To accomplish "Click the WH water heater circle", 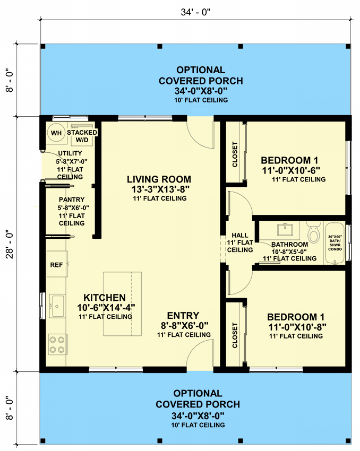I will point(56,133).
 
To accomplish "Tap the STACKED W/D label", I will point(82,136).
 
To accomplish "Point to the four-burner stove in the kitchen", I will point(56,343).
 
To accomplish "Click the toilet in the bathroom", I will point(313,232).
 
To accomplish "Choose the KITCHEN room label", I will point(105,298).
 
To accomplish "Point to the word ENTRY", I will point(183,315).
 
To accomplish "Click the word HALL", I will point(240,235).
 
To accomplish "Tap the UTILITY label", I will point(70,153).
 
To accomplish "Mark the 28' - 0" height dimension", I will point(8,244).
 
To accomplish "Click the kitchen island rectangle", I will point(122,303).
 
